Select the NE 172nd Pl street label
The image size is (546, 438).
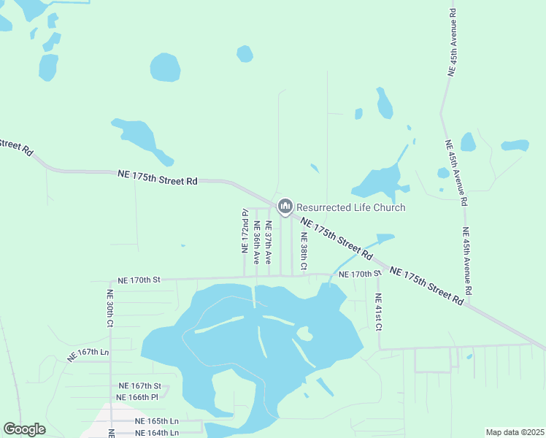(245, 231)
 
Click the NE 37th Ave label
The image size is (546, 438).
(268, 243)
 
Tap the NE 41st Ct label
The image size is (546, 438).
(378, 311)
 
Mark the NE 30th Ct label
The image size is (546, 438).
(110, 307)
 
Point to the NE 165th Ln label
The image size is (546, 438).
(156, 421)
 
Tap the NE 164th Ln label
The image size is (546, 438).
(155, 432)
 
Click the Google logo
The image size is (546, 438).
(25, 429)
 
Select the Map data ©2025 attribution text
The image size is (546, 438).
(515, 432)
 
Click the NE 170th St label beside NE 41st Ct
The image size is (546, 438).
(364, 274)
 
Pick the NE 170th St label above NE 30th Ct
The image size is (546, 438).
(139, 280)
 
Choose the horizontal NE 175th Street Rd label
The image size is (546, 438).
(158, 177)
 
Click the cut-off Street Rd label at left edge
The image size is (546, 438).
(16, 147)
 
